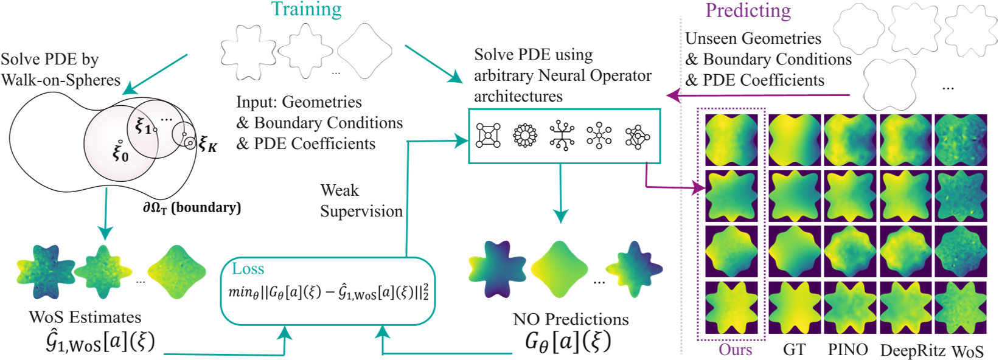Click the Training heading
click(306, 10)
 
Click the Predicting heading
click(748, 11)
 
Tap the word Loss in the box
click(248, 269)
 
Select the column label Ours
click(735, 350)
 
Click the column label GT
click(794, 350)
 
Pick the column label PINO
click(848, 350)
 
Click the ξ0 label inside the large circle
click(120, 151)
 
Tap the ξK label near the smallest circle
click(207, 145)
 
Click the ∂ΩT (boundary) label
click(192, 207)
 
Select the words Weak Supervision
click(361, 201)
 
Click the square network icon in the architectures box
click(488, 136)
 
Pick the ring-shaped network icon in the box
click(525, 136)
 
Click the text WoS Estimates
click(85, 317)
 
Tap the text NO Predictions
click(570, 319)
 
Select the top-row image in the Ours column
click(731, 140)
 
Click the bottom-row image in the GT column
click(794, 308)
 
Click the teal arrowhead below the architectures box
click(560, 216)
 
